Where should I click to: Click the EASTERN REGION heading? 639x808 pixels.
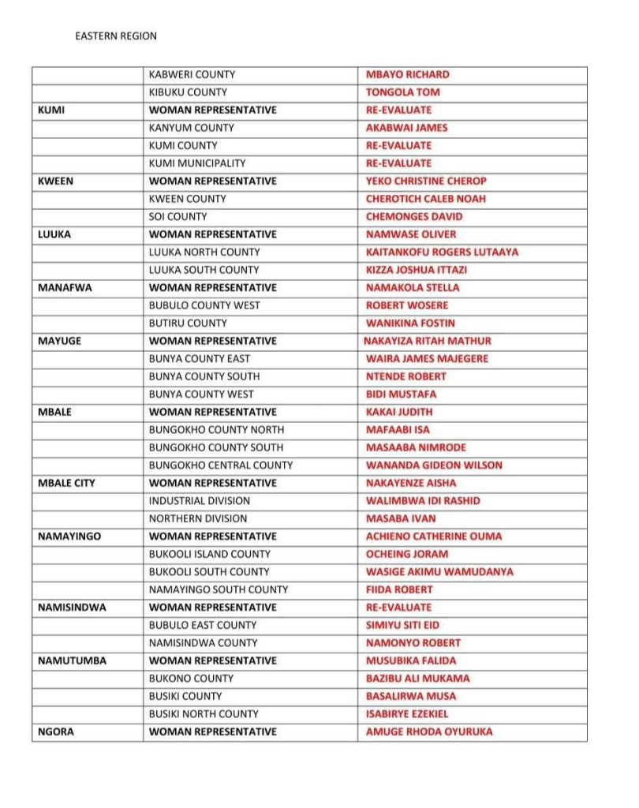[116, 36]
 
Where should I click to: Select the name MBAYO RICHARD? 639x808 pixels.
[407, 75]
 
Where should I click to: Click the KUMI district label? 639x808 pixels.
[51, 110]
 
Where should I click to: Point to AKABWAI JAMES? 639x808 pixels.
[406, 128]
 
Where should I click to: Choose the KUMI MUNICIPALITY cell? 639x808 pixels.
[197, 163]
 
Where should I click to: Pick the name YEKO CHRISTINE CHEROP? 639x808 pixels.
[426, 181]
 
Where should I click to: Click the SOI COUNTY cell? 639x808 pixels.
[177, 217]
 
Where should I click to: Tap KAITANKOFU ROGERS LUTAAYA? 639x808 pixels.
[442, 252]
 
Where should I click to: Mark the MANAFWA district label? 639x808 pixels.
[65, 288]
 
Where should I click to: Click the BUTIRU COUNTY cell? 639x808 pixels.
[187, 324]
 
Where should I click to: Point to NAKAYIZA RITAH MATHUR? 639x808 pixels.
[427, 341]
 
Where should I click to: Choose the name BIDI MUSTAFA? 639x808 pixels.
[401, 395]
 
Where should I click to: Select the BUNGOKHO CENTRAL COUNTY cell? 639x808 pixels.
[221, 466]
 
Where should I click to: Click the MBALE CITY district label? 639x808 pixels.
[66, 483]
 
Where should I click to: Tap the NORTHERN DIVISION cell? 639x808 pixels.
[198, 518]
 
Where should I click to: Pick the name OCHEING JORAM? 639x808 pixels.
[407, 554]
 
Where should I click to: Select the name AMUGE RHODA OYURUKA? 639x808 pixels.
[429, 731]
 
